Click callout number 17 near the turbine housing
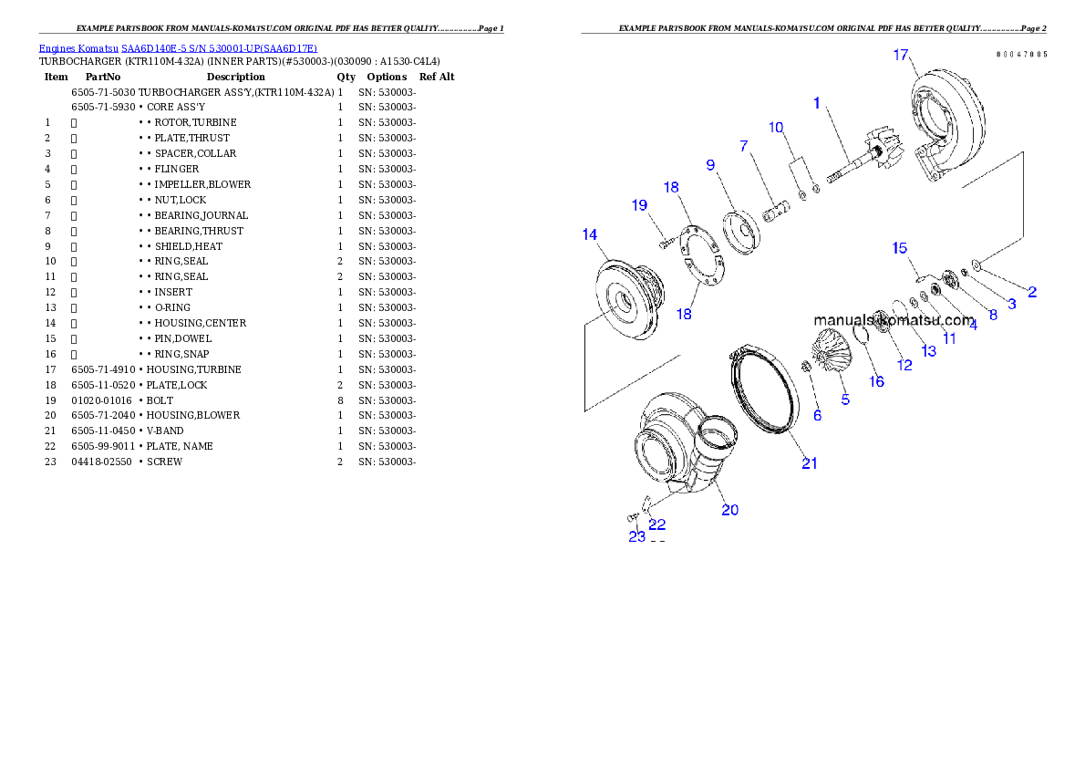(901, 56)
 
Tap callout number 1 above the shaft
(817, 103)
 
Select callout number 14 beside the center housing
(590, 235)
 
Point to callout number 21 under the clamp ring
(810, 463)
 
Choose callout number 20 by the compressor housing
(730, 510)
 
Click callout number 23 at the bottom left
(636, 536)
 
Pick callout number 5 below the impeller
(845, 400)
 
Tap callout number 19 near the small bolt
(640, 205)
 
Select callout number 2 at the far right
(1032, 293)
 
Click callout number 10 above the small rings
(776, 127)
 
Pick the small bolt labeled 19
(666, 244)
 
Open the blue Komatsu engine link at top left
(178, 48)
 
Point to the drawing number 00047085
(1021, 55)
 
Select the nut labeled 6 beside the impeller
(806, 367)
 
